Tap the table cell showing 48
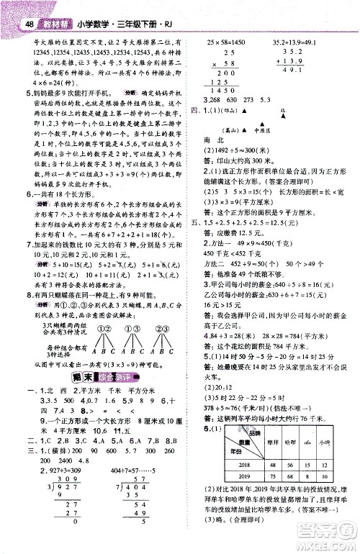coord(274,465)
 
